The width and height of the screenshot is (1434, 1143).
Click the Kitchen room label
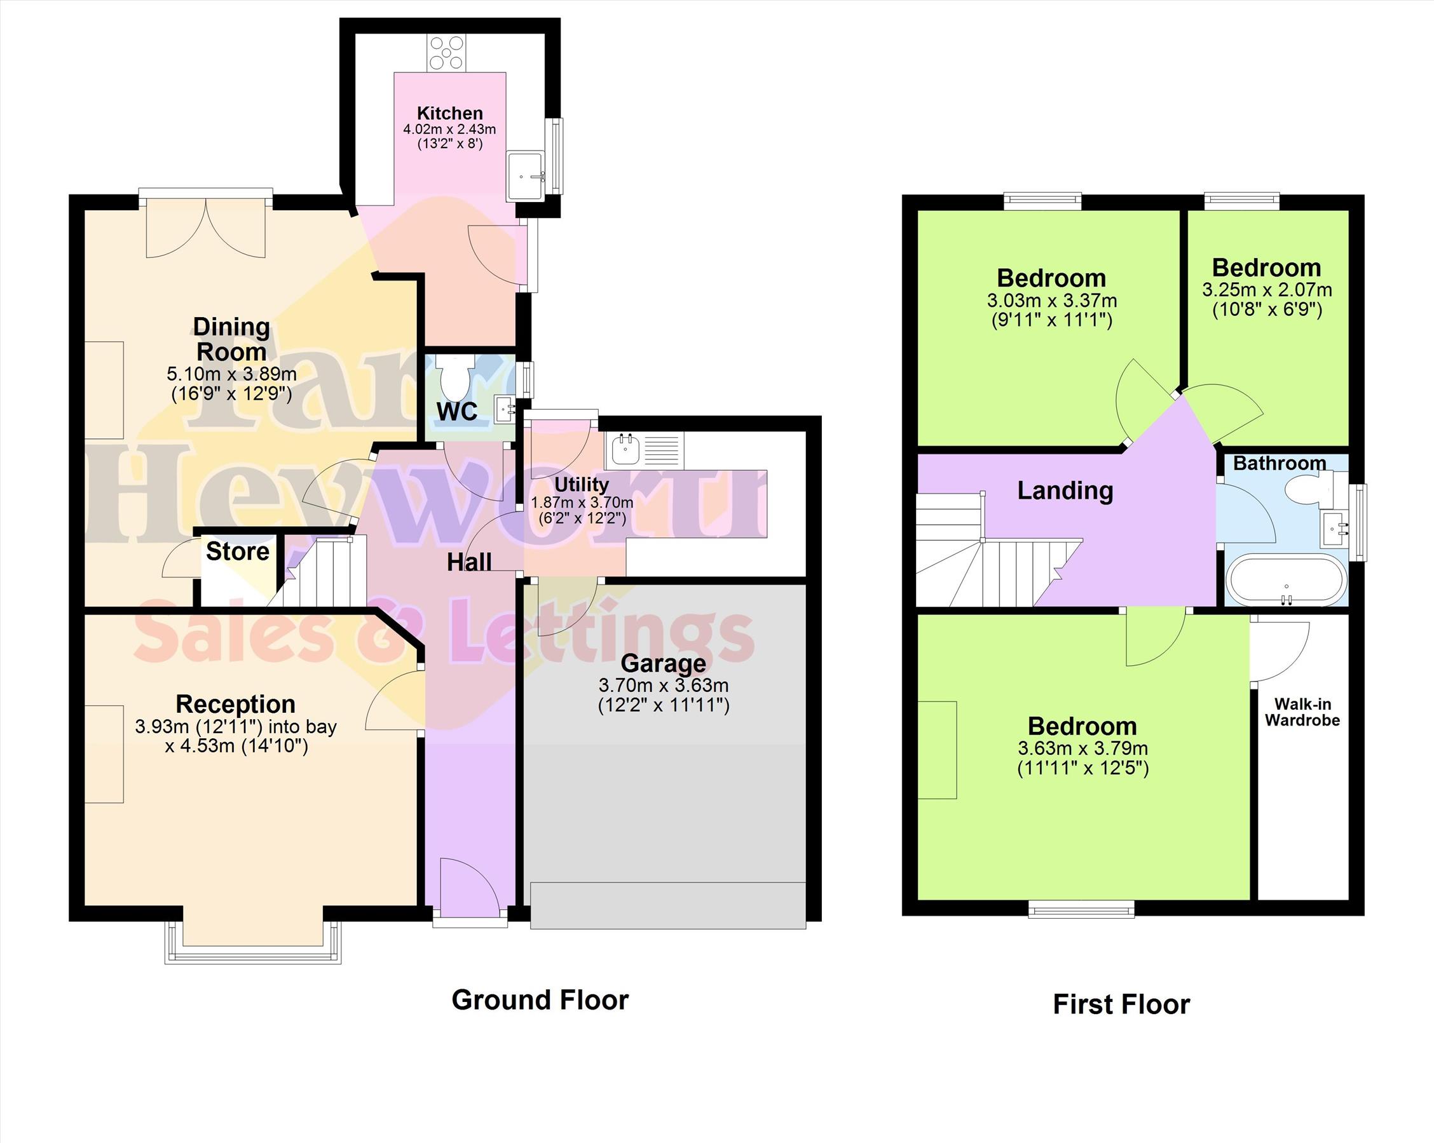click(x=449, y=113)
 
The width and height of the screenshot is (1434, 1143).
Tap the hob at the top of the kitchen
click(x=446, y=53)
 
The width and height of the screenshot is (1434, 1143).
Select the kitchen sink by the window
click(x=526, y=177)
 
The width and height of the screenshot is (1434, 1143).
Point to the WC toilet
click(x=456, y=377)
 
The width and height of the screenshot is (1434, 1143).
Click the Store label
click(x=238, y=551)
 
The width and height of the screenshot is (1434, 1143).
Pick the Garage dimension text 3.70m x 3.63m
click(x=663, y=685)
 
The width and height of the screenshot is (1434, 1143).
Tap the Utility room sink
click(x=625, y=449)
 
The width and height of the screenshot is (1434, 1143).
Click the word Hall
click(x=469, y=562)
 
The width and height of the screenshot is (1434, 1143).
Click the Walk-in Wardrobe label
click(x=1302, y=712)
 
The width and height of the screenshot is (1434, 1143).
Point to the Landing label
click(x=1065, y=490)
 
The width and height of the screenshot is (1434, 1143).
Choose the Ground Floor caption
click(x=540, y=1000)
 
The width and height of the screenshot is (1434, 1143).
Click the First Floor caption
click(x=1121, y=1004)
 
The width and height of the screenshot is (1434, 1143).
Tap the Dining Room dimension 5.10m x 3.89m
click(x=231, y=374)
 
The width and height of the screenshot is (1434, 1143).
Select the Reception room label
click(x=235, y=704)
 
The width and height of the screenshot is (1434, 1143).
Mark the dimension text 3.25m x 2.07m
click(x=1267, y=290)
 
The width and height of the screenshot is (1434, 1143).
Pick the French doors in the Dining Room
click(x=205, y=226)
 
